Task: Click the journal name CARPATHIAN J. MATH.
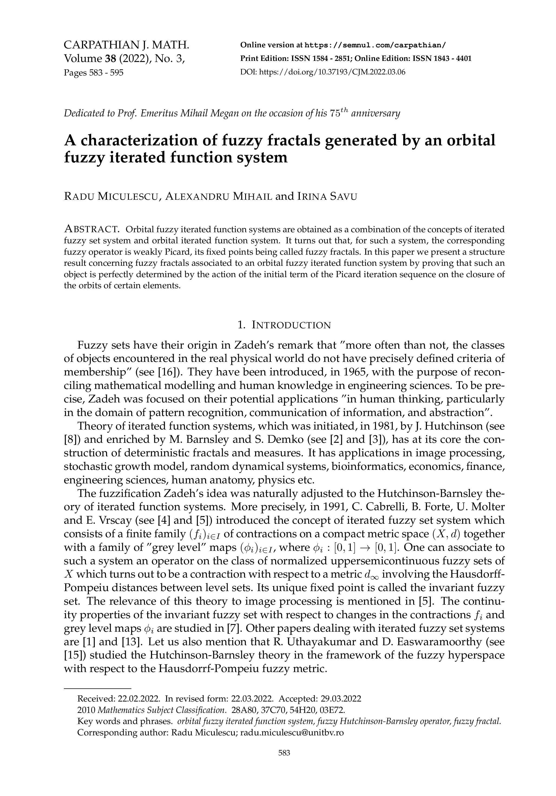point(127,45)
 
